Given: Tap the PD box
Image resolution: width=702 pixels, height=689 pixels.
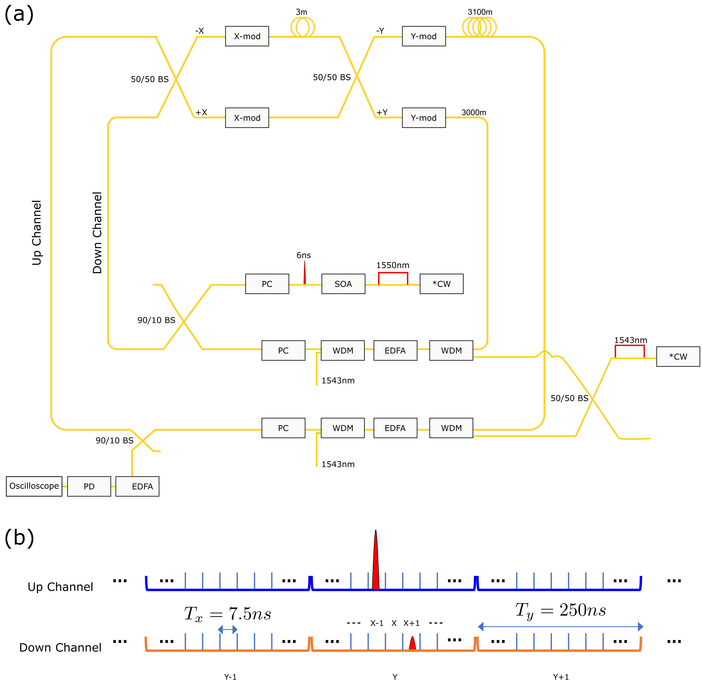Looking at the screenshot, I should point(89,486).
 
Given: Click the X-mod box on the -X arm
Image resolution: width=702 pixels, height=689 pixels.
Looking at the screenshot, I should point(247,36).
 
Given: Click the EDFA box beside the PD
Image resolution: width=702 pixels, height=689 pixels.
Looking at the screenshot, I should point(137,486).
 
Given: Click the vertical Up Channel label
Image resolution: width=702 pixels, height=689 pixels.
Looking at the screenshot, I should point(37,233).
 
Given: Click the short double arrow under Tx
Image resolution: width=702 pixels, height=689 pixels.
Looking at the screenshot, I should point(227,630).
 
